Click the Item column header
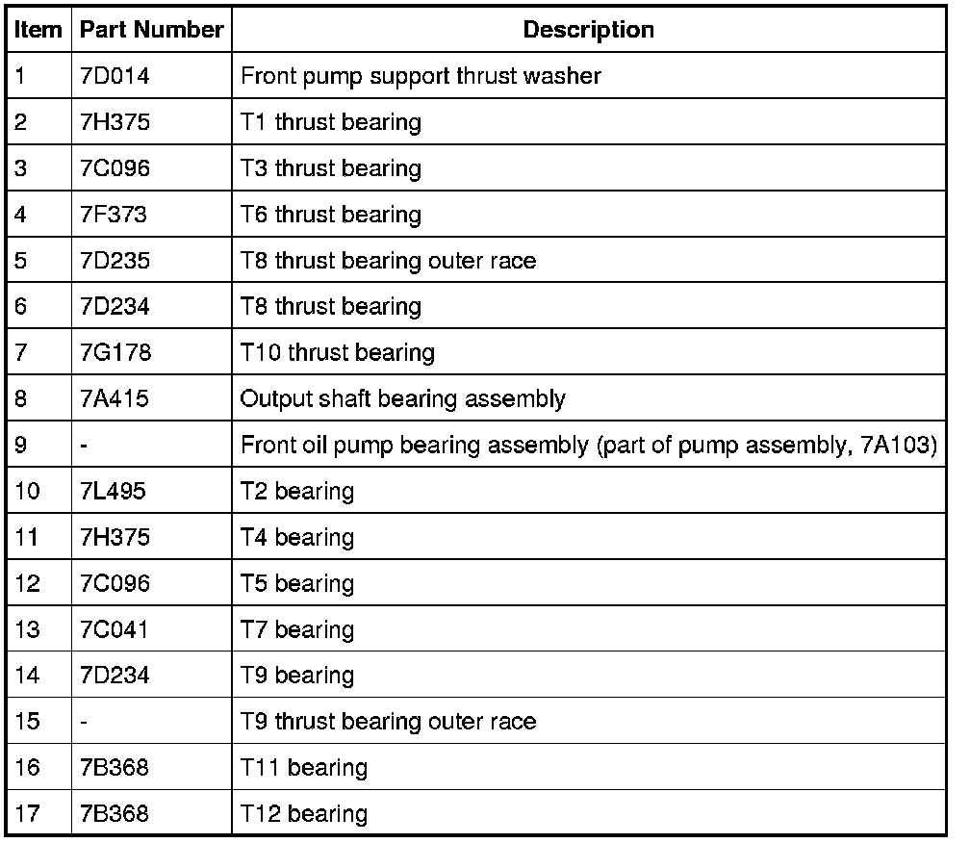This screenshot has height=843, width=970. tap(38, 30)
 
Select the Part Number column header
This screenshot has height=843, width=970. tap(151, 30)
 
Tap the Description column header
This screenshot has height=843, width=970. tap(588, 30)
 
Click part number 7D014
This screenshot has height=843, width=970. tap(115, 76)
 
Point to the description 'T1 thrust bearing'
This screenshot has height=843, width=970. tap(330, 122)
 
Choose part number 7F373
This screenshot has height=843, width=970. tap(115, 215)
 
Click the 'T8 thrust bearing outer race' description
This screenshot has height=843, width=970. tap(388, 261)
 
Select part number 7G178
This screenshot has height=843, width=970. tap(115, 353)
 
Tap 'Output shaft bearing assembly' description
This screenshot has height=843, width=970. tap(402, 398)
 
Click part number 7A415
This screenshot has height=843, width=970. tap(115, 398)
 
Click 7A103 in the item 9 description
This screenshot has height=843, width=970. tap(894, 446)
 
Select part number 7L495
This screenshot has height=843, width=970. tap(115, 491)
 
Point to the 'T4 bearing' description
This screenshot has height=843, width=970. tap(296, 537)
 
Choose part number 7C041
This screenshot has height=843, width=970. tap(115, 629)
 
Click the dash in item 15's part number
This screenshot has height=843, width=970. tap(85, 722)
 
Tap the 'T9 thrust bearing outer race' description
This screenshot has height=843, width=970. tap(388, 722)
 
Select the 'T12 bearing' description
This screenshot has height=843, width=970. tap(303, 814)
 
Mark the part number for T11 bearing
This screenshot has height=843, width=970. tap(115, 768)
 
